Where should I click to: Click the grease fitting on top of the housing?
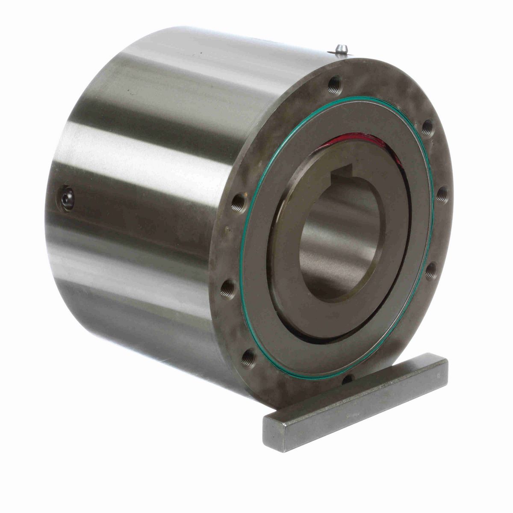[x=341, y=49]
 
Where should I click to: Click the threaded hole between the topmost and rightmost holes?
[x=426, y=125]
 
